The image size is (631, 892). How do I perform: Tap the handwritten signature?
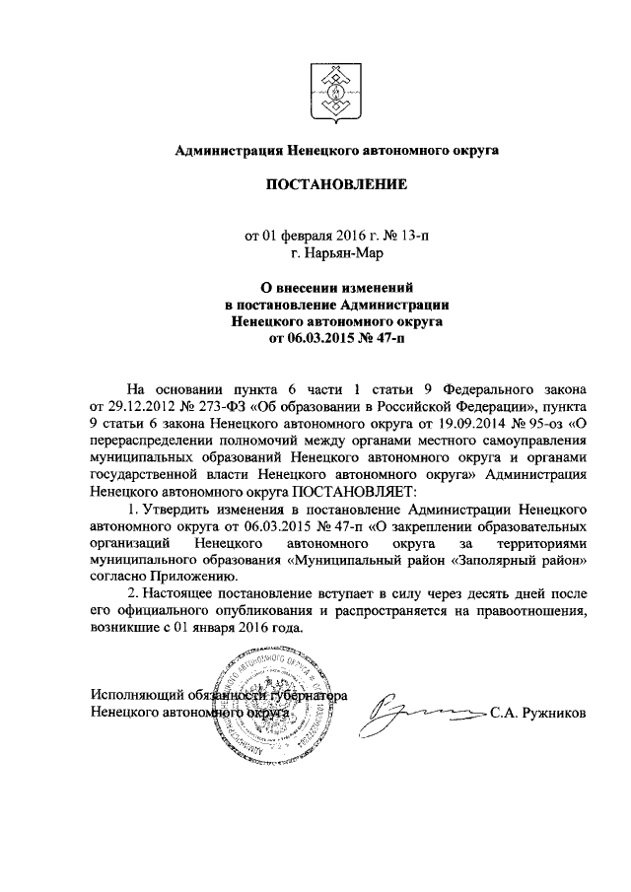(x=419, y=713)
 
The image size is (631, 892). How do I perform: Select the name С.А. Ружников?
(x=537, y=712)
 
